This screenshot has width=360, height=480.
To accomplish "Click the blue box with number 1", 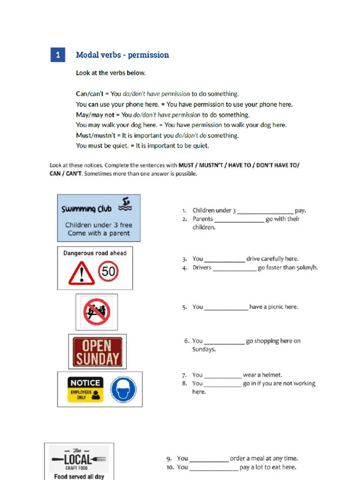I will [x=58, y=55].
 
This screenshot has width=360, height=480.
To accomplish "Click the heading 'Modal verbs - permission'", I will [x=122, y=55].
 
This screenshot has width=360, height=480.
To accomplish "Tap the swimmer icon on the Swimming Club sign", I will [x=125, y=203].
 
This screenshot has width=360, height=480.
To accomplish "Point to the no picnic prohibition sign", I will [x=97, y=312].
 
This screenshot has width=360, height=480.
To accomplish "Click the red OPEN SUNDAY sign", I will [x=97, y=352].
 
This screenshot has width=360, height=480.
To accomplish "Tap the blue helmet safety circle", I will [x=123, y=390].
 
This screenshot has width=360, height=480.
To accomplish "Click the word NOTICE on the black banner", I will [x=85, y=382].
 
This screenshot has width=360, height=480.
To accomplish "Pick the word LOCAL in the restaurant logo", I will [x=78, y=459].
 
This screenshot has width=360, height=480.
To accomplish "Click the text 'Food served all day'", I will [x=79, y=476].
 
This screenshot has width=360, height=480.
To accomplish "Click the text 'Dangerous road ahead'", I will [x=95, y=253].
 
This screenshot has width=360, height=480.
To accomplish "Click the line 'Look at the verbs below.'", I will [x=111, y=73].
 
